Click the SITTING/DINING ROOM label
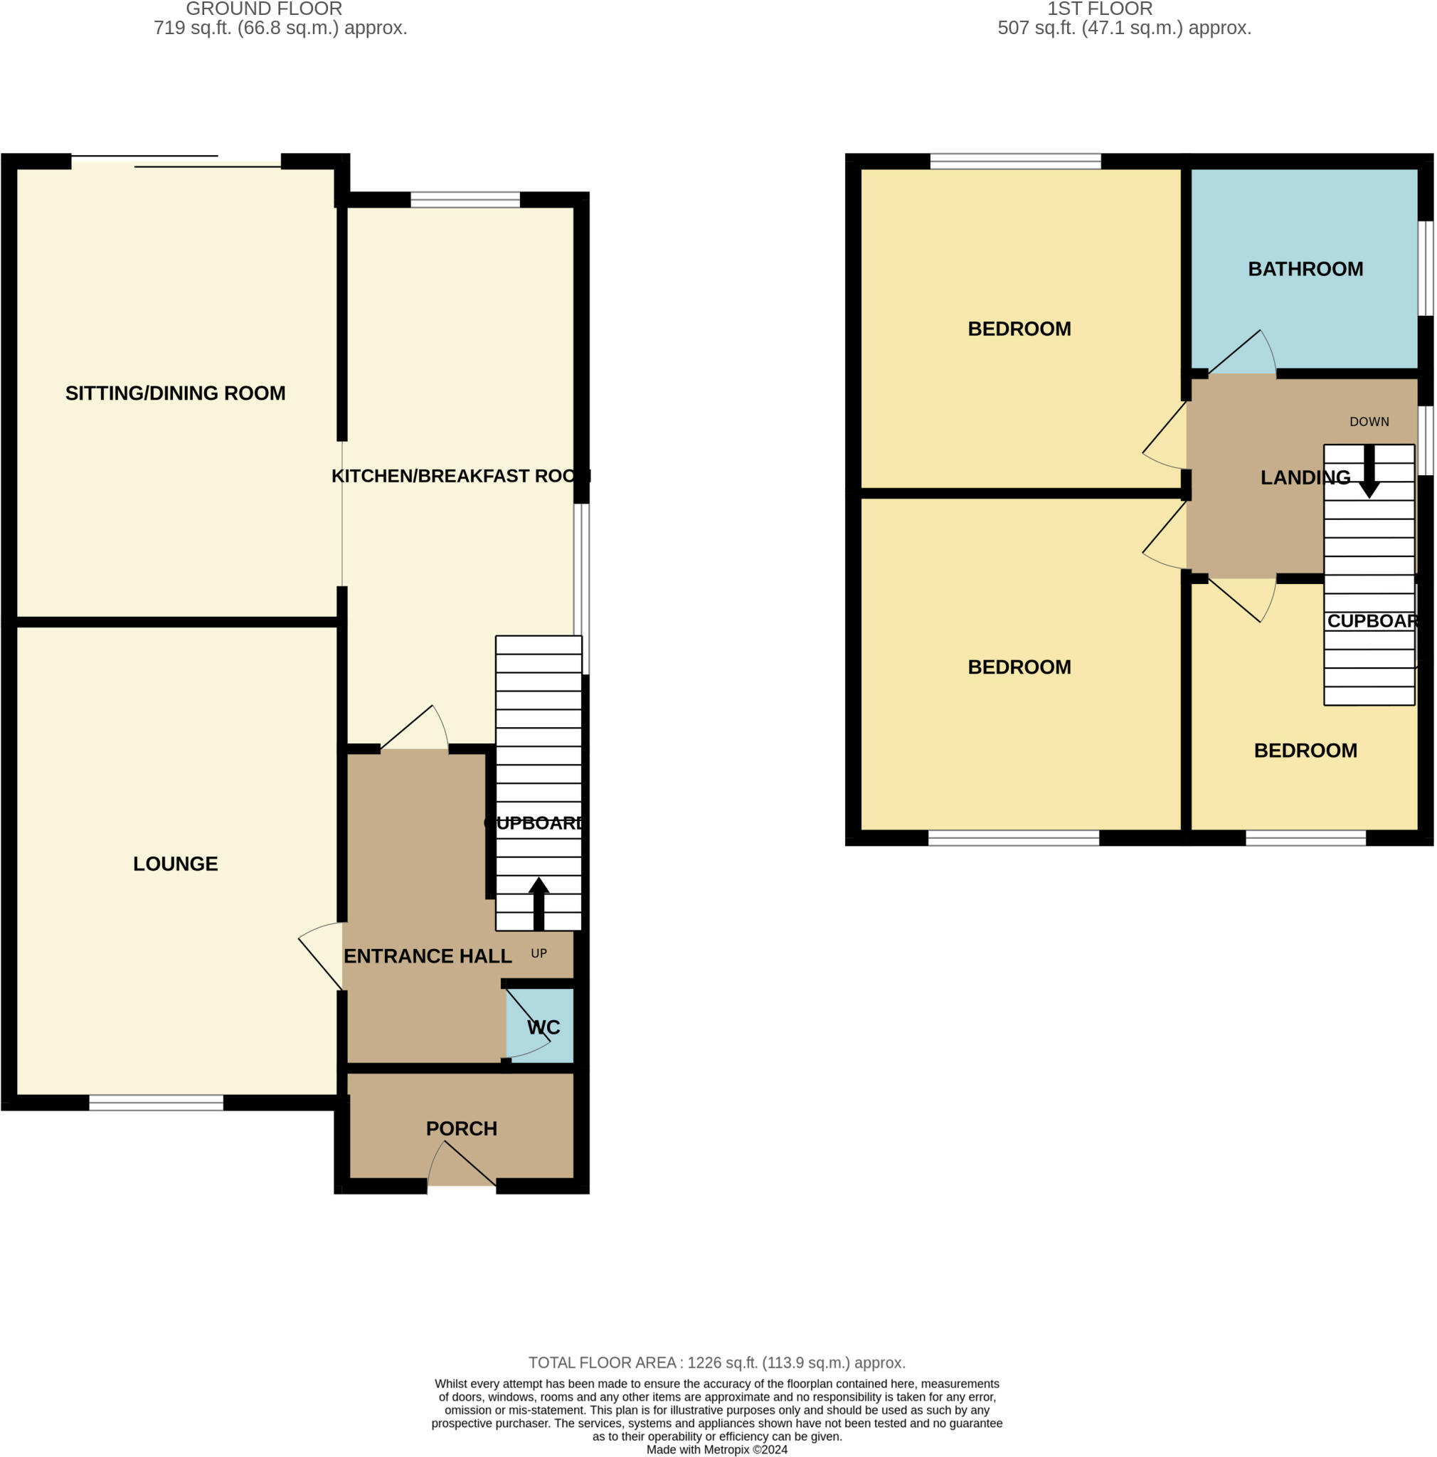click(175, 393)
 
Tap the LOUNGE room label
click(175, 864)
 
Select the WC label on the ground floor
click(543, 1027)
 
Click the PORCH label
click(462, 1128)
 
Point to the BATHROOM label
click(1305, 269)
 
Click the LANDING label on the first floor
click(1305, 477)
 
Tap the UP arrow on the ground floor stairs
click(539, 903)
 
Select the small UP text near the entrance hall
click(539, 953)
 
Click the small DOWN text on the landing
click(1369, 422)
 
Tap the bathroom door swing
click(1242, 352)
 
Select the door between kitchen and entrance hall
click(414, 728)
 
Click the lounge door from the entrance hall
click(321, 955)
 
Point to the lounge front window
click(156, 1103)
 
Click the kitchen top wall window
click(465, 200)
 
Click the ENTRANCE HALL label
click(428, 956)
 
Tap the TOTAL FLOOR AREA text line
click(716, 1362)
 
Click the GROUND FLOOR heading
click(264, 9)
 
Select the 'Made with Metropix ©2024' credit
click(717, 1449)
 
